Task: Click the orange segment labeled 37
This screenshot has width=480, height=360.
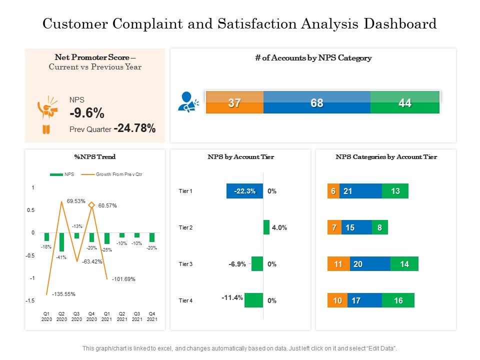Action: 234,103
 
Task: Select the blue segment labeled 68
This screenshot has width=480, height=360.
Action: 316,103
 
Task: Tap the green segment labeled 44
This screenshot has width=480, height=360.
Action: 405,103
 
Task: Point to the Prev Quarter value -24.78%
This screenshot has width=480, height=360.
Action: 134,129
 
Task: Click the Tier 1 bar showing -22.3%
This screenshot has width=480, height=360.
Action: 244,191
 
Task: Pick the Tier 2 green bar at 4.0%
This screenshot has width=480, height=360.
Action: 266,227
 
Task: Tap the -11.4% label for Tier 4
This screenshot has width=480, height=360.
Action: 232,297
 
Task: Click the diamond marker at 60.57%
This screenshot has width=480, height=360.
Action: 91,205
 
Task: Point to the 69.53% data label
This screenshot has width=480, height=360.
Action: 76,200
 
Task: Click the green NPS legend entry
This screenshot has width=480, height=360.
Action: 62,174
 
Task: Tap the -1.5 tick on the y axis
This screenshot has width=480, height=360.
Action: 30,300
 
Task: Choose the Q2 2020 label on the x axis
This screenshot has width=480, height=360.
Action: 61,316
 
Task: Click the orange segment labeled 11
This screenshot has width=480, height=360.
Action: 338,264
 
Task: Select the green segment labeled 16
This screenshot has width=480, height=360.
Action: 398,300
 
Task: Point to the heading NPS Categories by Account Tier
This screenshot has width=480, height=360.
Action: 386,157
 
